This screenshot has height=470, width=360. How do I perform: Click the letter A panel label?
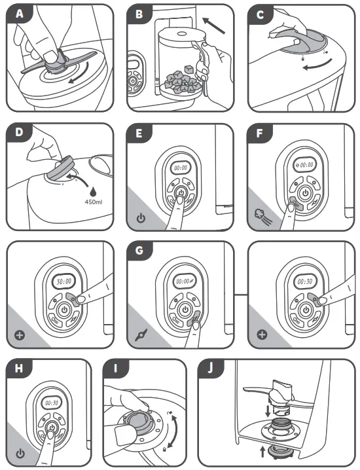click(x=20, y=14)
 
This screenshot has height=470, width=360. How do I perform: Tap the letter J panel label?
click(x=210, y=368)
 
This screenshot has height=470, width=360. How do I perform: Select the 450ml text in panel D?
click(x=94, y=202)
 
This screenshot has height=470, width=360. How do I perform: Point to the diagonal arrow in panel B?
click(x=214, y=26)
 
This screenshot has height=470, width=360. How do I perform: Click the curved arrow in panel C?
click(x=317, y=65)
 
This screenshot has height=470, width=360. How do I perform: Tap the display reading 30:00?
click(x=64, y=281)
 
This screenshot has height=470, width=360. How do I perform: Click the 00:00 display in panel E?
click(x=181, y=168)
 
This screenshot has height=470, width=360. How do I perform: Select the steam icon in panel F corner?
click(x=263, y=217)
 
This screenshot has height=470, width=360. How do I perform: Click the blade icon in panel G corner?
click(x=141, y=334)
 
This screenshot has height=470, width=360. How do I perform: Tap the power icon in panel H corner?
click(x=20, y=454)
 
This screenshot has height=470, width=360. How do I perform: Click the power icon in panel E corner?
click(x=141, y=218)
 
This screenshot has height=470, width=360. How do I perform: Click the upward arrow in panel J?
click(x=263, y=452)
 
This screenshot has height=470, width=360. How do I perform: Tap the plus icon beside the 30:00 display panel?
click(x=20, y=334)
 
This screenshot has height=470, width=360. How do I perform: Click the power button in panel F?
click(x=305, y=192)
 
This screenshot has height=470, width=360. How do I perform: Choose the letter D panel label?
click(x=19, y=132)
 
